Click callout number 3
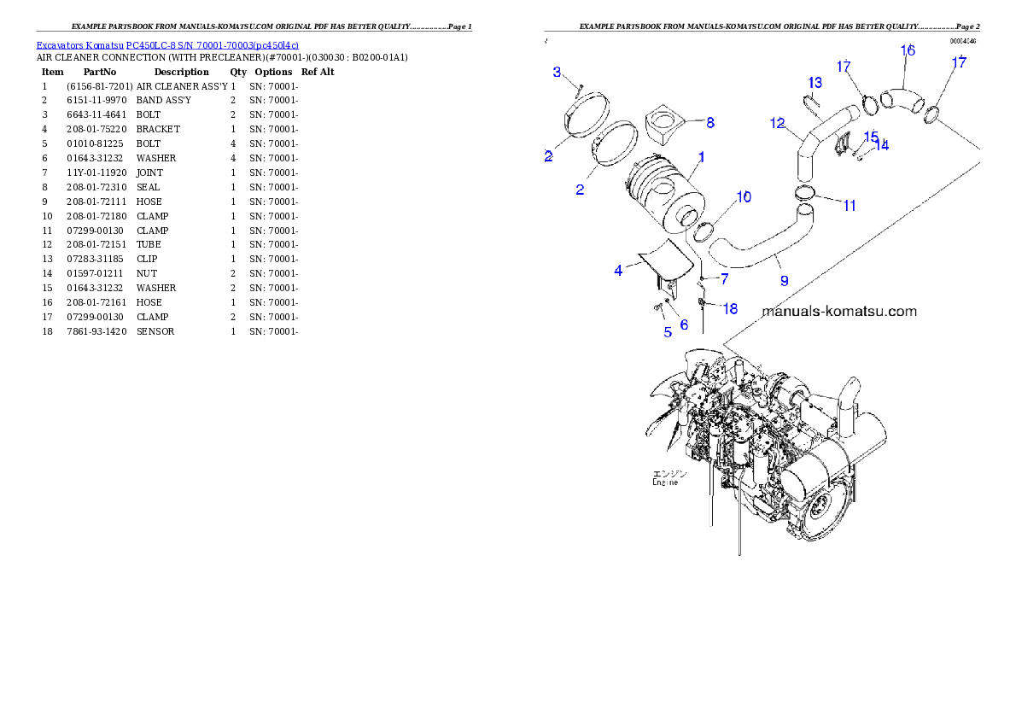tap(557, 72)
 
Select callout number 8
tap(709, 123)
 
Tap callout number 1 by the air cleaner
tap(701, 157)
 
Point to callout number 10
tap(744, 197)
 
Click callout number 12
tap(777, 124)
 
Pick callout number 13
tap(815, 83)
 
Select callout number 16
tap(908, 50)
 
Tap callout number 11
tap(849, 206)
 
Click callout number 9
tap(783, 280)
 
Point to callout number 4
tap(618, 271)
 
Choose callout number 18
tap(730, 309)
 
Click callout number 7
tap(724, 279)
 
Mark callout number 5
tap(668, 332)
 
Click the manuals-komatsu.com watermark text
tap(838, 312)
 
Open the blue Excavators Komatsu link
tap(167, 45)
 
